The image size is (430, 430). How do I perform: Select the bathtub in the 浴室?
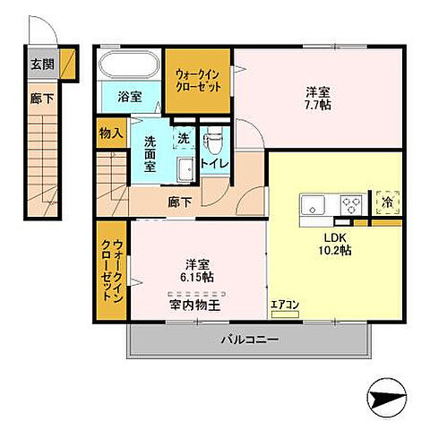[x=129, y=66]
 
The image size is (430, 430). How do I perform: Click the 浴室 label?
[x=129, y=96]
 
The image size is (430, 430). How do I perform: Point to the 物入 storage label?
[x=110, y=133]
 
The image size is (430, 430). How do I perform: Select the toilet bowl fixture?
[x=213, y=141]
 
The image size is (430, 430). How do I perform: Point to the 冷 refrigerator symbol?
[x=388, y=202]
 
